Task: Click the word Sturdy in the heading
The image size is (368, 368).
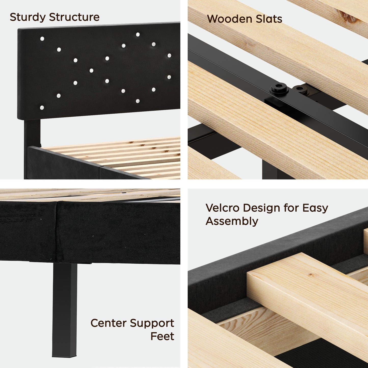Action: pyautogui.click(x=28, y=17)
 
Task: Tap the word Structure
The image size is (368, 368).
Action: pyautogui.click(x=74, y=17)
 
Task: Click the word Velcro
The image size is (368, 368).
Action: pyautogui.click(x=222, y=208)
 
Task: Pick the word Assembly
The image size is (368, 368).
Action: pyautogui.click(x=232, y=221)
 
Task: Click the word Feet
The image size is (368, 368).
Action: pyautogui.click(x=162, y=336)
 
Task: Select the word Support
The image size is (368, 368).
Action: pyautogui.click(x=152, y=323)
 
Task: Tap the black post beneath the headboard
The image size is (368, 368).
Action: pyautogui.click(x=32, y=132)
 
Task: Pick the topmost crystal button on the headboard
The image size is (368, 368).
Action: pyautogui.click(x=138, y=34)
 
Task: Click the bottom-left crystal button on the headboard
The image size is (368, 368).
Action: pyautogui.click(x=42, y=108)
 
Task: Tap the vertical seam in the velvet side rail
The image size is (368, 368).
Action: pyautogui.click(x=57, y=232)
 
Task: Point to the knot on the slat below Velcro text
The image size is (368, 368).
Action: pyautogui.click(x=310, y=275)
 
